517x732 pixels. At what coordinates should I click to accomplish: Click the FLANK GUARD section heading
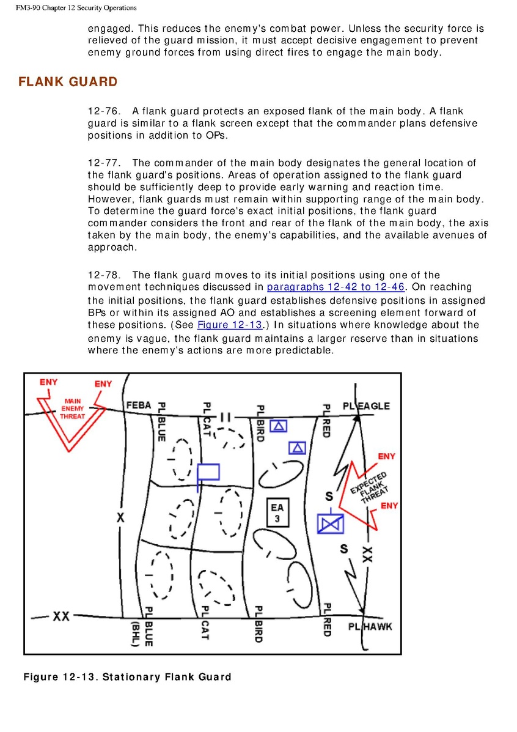(68, 82)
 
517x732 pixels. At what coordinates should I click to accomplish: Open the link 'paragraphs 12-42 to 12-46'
(335, 287)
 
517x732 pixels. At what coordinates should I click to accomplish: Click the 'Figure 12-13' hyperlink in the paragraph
(229, 325)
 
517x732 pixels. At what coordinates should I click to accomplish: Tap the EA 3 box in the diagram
(277, 512)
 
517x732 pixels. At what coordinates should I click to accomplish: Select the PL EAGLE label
(366, 406)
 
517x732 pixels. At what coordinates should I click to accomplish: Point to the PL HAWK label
(370, 626)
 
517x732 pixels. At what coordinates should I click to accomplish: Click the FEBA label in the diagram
(139, 405)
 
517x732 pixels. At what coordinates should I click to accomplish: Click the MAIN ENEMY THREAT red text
(73, 409)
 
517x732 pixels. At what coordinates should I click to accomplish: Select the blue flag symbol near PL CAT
(208, 472)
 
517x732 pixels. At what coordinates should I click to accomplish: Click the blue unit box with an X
(331, 524)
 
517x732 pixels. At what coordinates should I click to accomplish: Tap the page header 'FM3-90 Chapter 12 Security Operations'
(68, 8)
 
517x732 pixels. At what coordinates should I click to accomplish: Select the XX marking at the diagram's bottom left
(61, 616)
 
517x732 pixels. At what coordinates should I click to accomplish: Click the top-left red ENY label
(49, 382)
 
